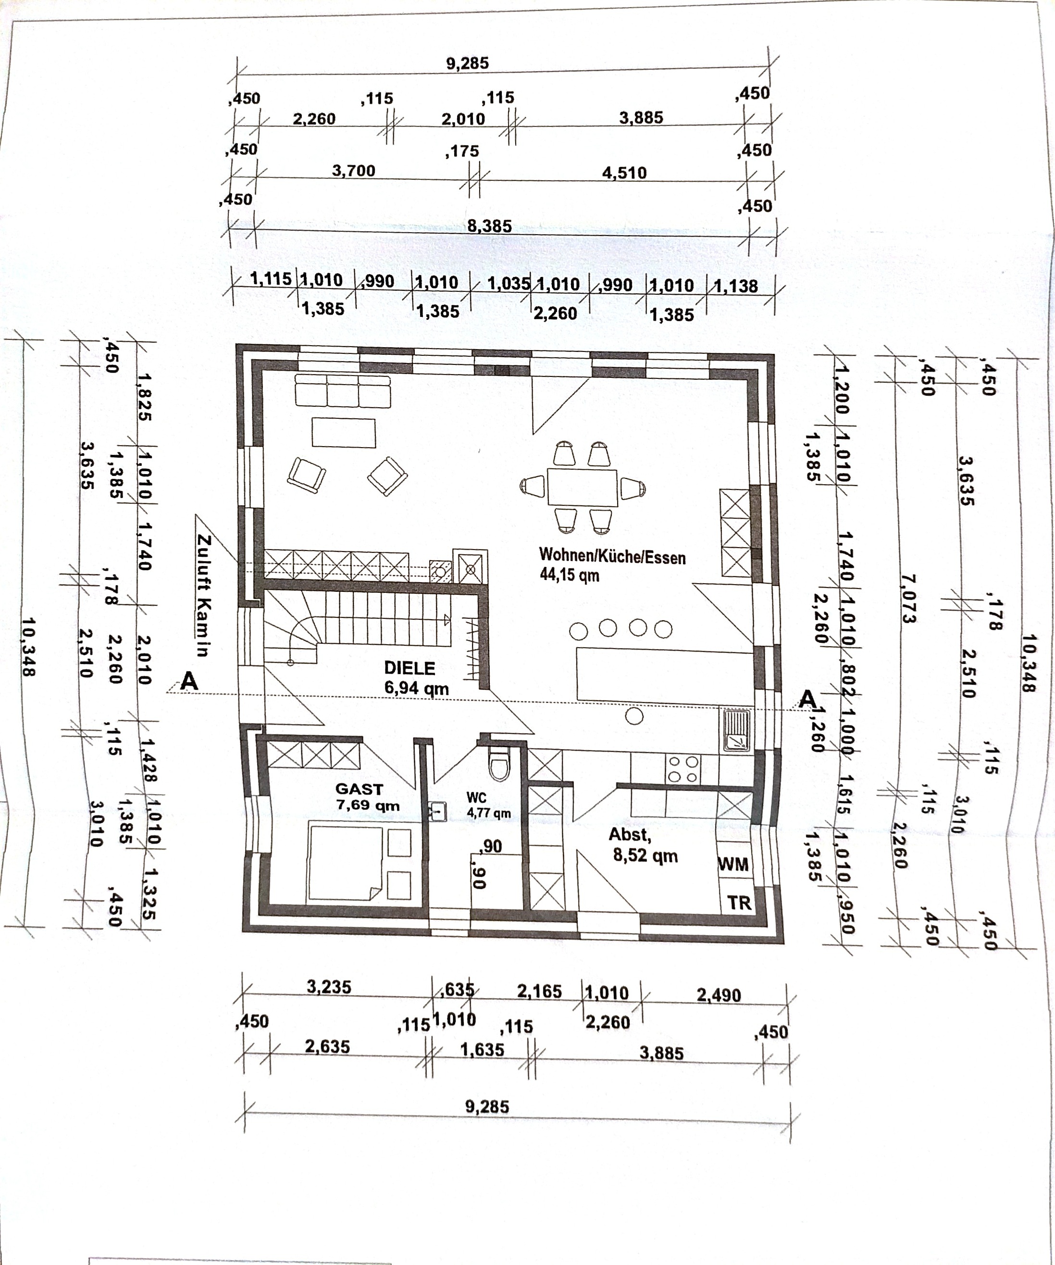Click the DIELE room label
click(x=410, y=668)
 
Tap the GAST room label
click(x=359, y=789)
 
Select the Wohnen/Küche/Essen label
click(x=612, y=556)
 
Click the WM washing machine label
click(x=733, y=864)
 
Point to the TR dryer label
click(x=739, y=902)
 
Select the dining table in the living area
click(x=583, y=488)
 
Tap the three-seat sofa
click(x=343, y=390)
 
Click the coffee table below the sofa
click(x=343, y=433)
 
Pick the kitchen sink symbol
click(x=736, y=731)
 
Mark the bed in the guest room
click(x=345, y=863)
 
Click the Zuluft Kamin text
click(x=203, y=595)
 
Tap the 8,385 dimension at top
click(x=490, y=226)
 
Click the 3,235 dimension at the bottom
click(x=329, y=987)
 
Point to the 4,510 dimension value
click(x=624, y=173)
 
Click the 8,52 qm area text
click(x=645, y=855)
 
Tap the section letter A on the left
click(x=189, y=681)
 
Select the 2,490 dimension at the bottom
click(x=719, y=995)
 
